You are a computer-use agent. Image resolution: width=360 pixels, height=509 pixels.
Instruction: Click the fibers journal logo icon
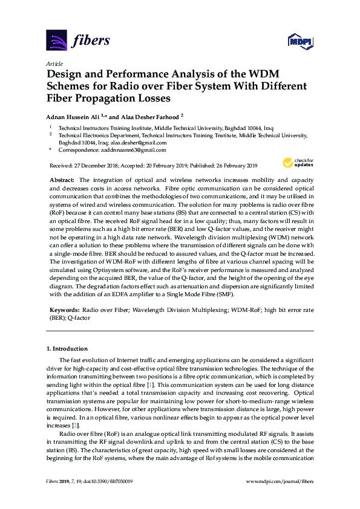pos(56,41)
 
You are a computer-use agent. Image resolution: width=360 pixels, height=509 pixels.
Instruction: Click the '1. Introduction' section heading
pos(67,349)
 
